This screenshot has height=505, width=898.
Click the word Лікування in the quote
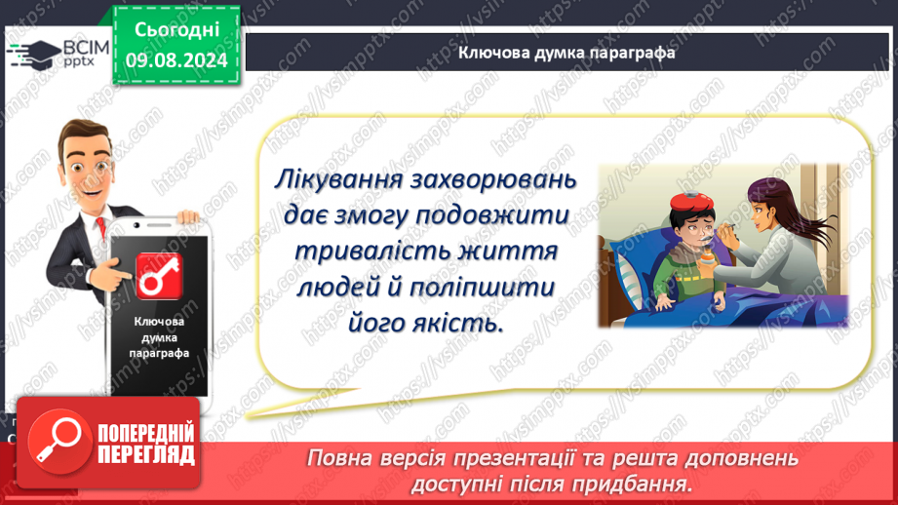(339, 179)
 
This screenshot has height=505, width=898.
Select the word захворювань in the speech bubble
(493, 179)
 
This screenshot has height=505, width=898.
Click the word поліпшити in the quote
(483, 288)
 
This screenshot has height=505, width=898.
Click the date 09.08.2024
(176, 60)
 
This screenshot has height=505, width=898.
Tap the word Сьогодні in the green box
(176, 29)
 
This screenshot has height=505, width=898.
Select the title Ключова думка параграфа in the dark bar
(566, 53)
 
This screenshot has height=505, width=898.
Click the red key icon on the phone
(159, 277)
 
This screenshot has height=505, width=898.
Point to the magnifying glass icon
(59, 442)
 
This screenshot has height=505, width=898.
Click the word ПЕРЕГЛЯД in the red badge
(146, 455)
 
